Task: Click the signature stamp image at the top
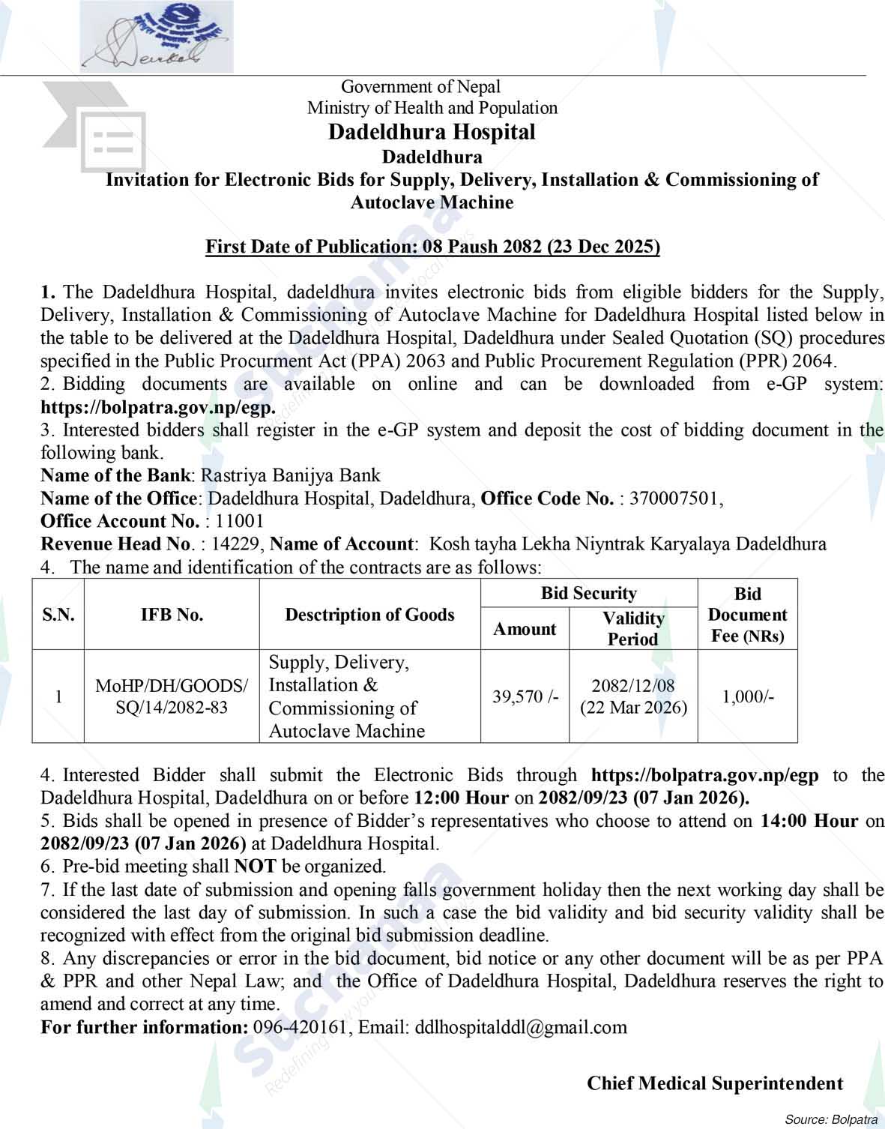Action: click(157, 36)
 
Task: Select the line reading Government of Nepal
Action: click(420, 87)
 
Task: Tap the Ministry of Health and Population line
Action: click(432, 108)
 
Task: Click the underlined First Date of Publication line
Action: click(432, 247)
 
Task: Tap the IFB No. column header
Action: click(172, 615)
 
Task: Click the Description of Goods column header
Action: click(369, 615)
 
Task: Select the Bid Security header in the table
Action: click(588, 593)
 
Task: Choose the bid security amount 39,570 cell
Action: click(525, 696)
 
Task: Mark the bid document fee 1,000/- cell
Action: click(747, 696)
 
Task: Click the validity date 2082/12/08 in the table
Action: click(633, 685)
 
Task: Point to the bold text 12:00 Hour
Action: click(461, 798)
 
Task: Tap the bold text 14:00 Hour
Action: click(809, 821)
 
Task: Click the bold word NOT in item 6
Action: click(255, 867)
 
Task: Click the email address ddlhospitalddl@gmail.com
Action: click(520, 1027)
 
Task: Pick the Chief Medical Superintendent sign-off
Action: click(714, 1083)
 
